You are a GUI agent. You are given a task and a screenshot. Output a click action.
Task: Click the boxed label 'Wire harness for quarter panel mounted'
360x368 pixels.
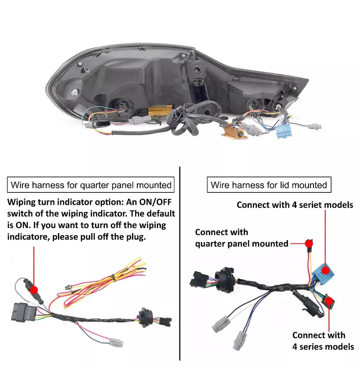(x=91, y=185)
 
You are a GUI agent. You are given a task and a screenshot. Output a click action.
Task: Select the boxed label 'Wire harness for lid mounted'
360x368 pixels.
(x=269, y=185)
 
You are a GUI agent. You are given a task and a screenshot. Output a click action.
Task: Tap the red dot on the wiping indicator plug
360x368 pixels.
(x=34, y=289)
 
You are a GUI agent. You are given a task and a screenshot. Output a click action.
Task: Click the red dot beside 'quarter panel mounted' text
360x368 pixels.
(x=309, y=243)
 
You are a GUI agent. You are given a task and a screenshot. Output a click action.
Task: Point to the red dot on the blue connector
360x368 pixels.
(x=326, y=270)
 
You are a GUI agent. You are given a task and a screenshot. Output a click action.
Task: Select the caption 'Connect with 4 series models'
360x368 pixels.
(x=323, y=341)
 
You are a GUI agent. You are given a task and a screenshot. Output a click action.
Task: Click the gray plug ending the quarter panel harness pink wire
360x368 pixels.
(x=115, y=342)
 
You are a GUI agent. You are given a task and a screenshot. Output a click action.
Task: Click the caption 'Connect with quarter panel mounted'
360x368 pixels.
(x=242, y=238)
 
